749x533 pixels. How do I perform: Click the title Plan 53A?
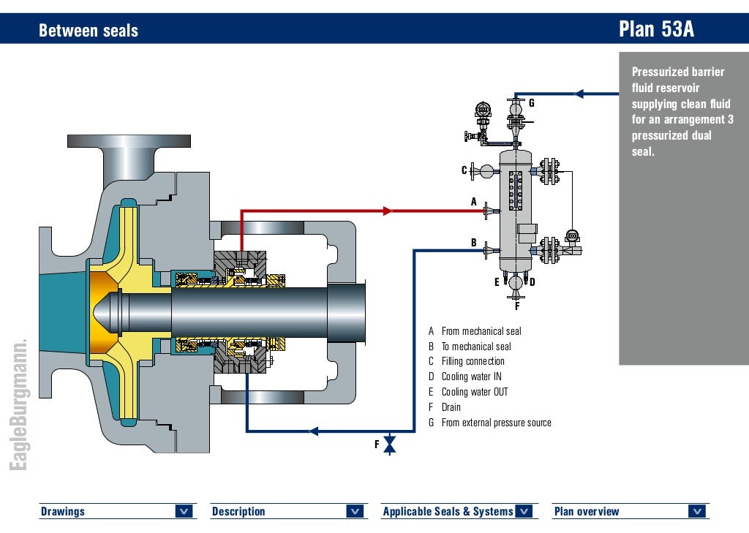pos(655,29)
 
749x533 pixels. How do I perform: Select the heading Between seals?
pos(88,31)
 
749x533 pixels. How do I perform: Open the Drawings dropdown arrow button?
pos(184,512)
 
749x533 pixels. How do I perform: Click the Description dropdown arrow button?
pos(355,512)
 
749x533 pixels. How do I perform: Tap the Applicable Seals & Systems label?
pos(448,512)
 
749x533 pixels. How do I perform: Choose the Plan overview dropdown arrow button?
pos(696,512)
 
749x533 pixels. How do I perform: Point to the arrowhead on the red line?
pos(388,211)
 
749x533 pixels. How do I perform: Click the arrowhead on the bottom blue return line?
pos(314,431)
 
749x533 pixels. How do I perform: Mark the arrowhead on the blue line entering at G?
pos(579,94)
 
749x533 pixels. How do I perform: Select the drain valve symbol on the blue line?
pos(390,444)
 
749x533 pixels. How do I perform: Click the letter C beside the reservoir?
pos(464,170)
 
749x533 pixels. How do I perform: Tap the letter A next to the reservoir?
pos(473,202)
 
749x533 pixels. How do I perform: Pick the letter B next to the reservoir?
pos(473,243)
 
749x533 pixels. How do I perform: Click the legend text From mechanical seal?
pos(481,331)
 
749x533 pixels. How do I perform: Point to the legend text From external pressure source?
pos(496,423)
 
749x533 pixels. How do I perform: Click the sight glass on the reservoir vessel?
pos(516,189)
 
